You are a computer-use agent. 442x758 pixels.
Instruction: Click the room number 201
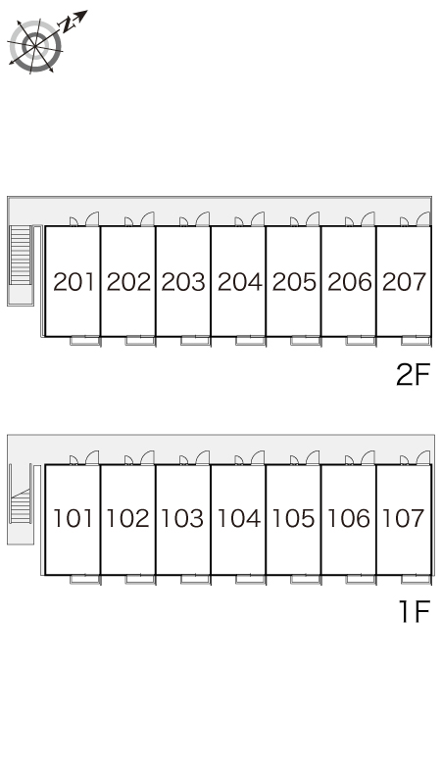click(x=74, y=282)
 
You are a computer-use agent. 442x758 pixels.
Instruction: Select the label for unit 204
click(x=239, y=282)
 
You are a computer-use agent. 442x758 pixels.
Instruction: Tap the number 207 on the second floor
click(x=405, y=282)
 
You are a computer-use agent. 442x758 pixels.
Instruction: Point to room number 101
click(x=73, y=518)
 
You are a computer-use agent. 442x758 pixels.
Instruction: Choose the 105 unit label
click(x=294, y=518)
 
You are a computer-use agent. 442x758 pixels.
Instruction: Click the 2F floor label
click(x=413, y=374)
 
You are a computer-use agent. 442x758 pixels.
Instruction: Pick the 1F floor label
click(x=414, y=611)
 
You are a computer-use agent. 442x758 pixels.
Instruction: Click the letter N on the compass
click(x=67, y=24)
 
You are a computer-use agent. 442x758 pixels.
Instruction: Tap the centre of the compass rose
click(x=35, y=46)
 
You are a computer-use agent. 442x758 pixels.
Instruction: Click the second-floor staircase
click(x=21, y=256)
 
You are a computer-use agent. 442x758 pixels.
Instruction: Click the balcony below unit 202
click(x=140, y=341)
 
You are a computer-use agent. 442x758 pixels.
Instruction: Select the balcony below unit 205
click(x=306, y=341)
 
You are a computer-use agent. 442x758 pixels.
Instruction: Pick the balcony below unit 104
click(x=251, y=579)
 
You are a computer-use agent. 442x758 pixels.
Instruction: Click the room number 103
click(x=182, y=518)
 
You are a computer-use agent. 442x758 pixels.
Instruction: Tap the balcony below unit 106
click(x=361, y=579)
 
